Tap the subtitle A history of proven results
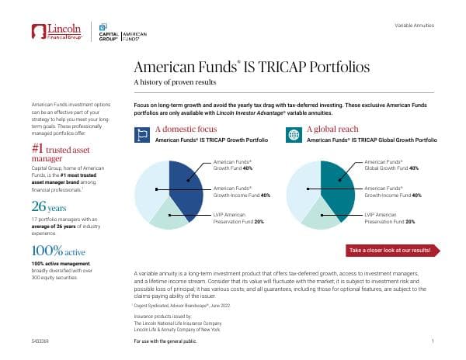pyautogui.click(x=175, y=82)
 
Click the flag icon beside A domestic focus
pyautogui.click(x=141, y=134)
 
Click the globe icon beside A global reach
pyautogui.click(x=293, y=134)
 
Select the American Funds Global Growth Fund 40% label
pyautogui.click(x=391, y=164)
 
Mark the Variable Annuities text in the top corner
pyautogui.click(x=414, y=26)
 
